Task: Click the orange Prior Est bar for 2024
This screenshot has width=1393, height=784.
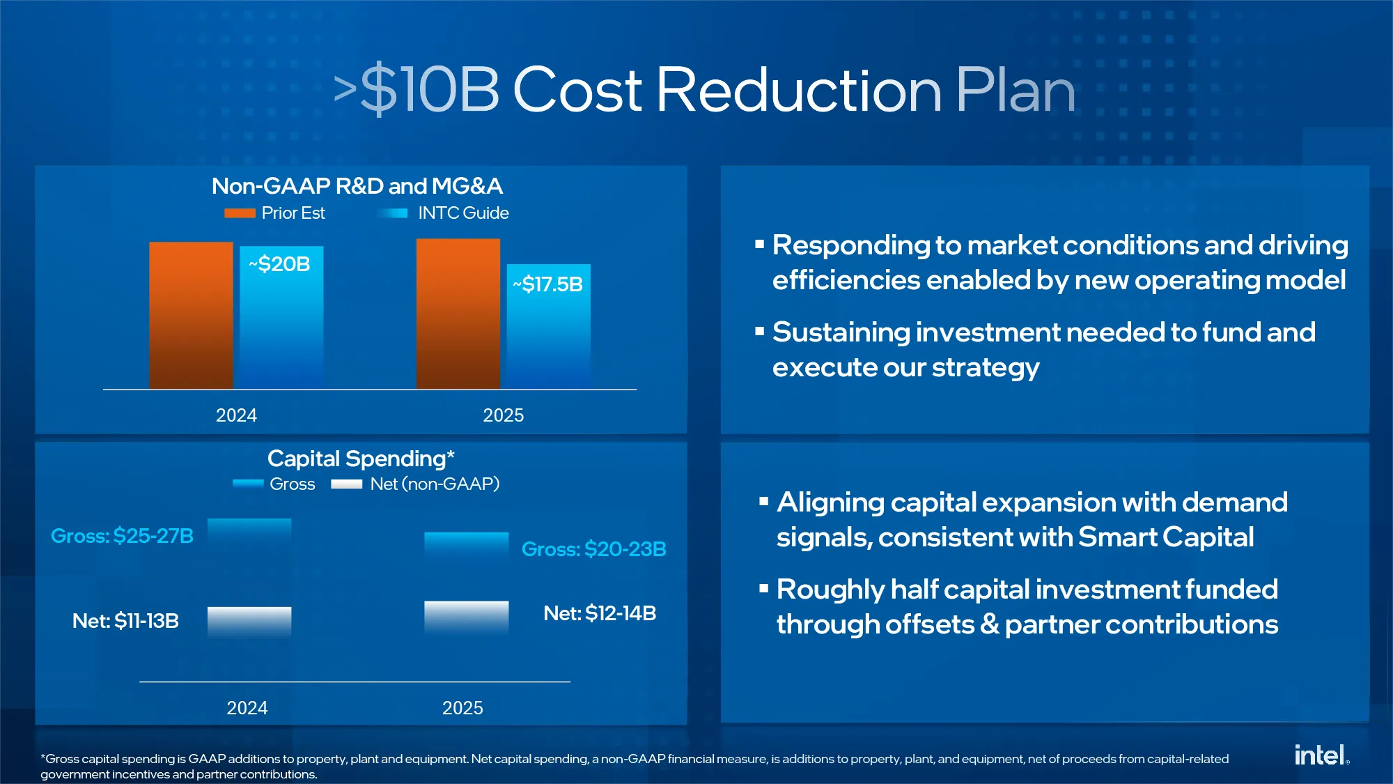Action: pyautogui.click(x=191, y=315)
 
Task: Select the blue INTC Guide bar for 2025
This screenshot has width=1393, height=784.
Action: pyautogui.click(x=549, y=326)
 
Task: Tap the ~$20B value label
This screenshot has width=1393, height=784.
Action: pyautogui.click(x=279, y=264)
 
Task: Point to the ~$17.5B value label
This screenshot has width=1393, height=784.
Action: pyautogui.click(x=547, y=284)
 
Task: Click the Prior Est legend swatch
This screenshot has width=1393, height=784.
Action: pyautogui.click(x=240, y=213)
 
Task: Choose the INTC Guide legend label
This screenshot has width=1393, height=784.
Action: pyautogui.click(x=463, y=213)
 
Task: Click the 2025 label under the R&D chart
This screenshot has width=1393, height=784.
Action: pyautogui.click(x=504, y=415)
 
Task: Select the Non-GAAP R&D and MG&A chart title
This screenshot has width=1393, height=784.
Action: pyautogui.click(x=357, y=186)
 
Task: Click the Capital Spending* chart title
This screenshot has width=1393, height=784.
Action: pyautogui.click(x=361, y=459)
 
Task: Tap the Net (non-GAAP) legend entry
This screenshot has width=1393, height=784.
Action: pyautogui.click(x=415, y=484)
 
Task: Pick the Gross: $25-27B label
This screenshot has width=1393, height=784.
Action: pyautogui.click(x=122, y=536)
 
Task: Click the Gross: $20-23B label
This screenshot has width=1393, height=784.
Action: pyautogui.click(x=594, y=549)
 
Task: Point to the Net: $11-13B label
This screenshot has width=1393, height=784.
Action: pyautogui.click(x=125, y=621)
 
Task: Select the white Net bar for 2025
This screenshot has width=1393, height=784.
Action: pyautogui.click(x=467, y=617)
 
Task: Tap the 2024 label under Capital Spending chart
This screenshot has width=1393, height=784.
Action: pyautogui.click(x=247, y=708)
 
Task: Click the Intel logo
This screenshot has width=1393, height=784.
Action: pyautogui.click(x=1321, y=755)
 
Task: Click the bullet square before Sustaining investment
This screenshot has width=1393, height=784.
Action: pyautogui.click(x=760, y=332)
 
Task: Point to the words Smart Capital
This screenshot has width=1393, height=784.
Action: pyautogui.click(x=1166, y=537)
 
